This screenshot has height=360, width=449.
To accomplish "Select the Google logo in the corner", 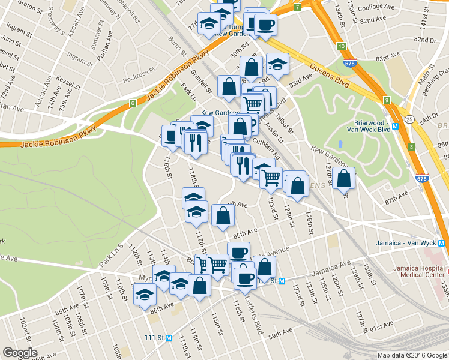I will coord(20,353).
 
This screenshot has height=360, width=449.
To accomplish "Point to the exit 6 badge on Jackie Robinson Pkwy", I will coord(132,104).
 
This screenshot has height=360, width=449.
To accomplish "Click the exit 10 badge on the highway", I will coord(341,46).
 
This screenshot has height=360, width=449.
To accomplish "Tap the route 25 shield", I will coord(409,119).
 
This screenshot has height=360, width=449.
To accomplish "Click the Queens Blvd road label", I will coord(328,69).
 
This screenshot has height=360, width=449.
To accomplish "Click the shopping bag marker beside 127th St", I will coord(343,179).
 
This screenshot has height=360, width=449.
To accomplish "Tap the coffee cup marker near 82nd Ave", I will coord(265,25).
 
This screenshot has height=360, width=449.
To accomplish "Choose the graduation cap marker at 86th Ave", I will coord(145,295).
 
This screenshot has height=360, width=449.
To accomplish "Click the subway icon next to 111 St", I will coord(169,338).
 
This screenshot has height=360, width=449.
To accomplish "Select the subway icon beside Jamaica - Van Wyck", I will coord(442,244).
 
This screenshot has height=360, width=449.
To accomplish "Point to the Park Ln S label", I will coord(110,255).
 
